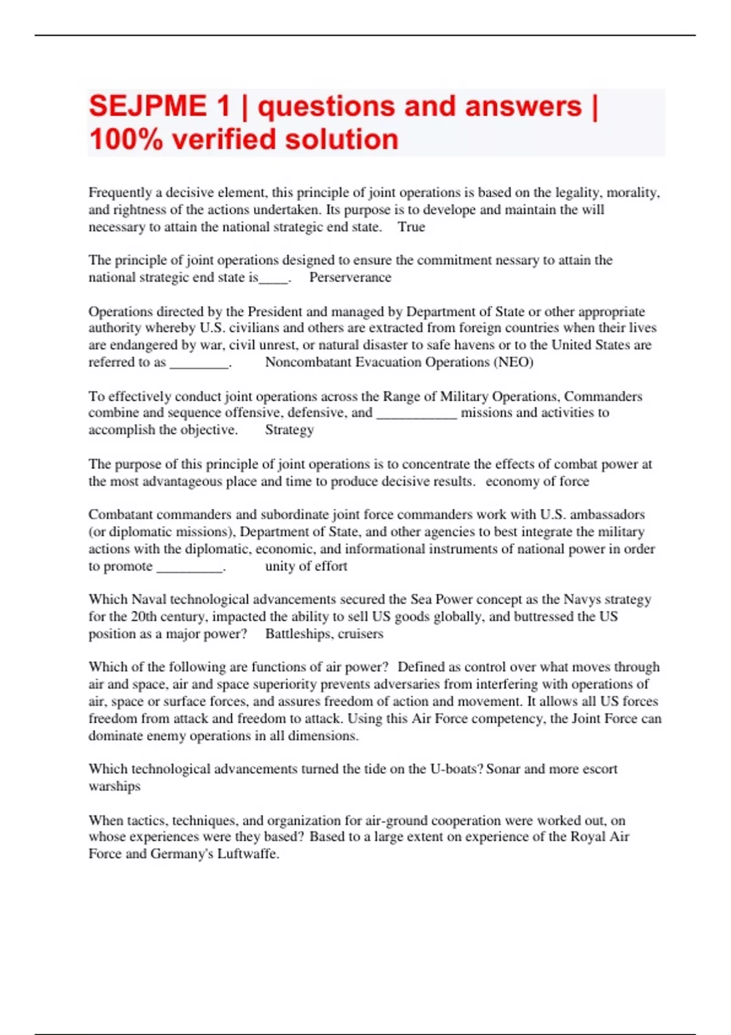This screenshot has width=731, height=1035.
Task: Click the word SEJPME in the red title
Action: [147, 107]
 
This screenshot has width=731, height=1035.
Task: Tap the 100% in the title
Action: [125, 139]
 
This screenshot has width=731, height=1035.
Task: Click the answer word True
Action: [411, 227]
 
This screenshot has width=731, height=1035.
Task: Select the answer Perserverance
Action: [350, 278]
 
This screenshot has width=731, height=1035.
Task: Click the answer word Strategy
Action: [289, 430]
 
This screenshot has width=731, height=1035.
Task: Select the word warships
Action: [115, 786]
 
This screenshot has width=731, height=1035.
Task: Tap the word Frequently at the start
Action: [120, 193]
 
